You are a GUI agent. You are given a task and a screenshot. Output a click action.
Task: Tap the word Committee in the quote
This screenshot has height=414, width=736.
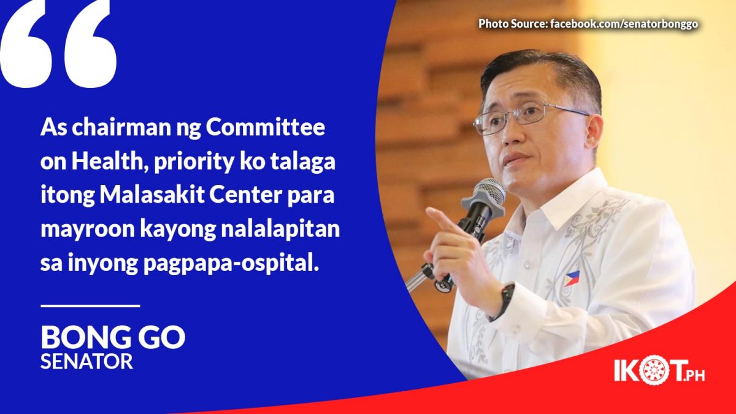click(x=265, y=127)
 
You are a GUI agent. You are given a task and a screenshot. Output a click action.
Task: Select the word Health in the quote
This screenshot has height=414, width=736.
click(x=109, y=162)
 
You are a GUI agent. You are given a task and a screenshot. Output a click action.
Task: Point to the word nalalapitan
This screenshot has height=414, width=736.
click(x=280, y=229)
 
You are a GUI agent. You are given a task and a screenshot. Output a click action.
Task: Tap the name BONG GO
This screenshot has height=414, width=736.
click(x=113, y=337)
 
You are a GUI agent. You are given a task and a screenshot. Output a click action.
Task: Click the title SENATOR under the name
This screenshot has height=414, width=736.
click(x=86, y=361)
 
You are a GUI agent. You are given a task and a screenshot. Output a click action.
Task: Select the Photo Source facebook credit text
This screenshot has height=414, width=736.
click(x=588, y=24)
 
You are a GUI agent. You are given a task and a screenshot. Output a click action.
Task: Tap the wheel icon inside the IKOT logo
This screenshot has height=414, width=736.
click(x=654, y=370)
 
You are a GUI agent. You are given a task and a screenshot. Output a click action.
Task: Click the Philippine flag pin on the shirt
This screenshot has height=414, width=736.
click(x=572, y=278)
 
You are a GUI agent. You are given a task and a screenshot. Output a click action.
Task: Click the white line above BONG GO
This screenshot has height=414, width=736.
click(x=90, y=306)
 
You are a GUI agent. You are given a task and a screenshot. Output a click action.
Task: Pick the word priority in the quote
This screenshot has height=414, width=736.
click(x=194, y=162)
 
